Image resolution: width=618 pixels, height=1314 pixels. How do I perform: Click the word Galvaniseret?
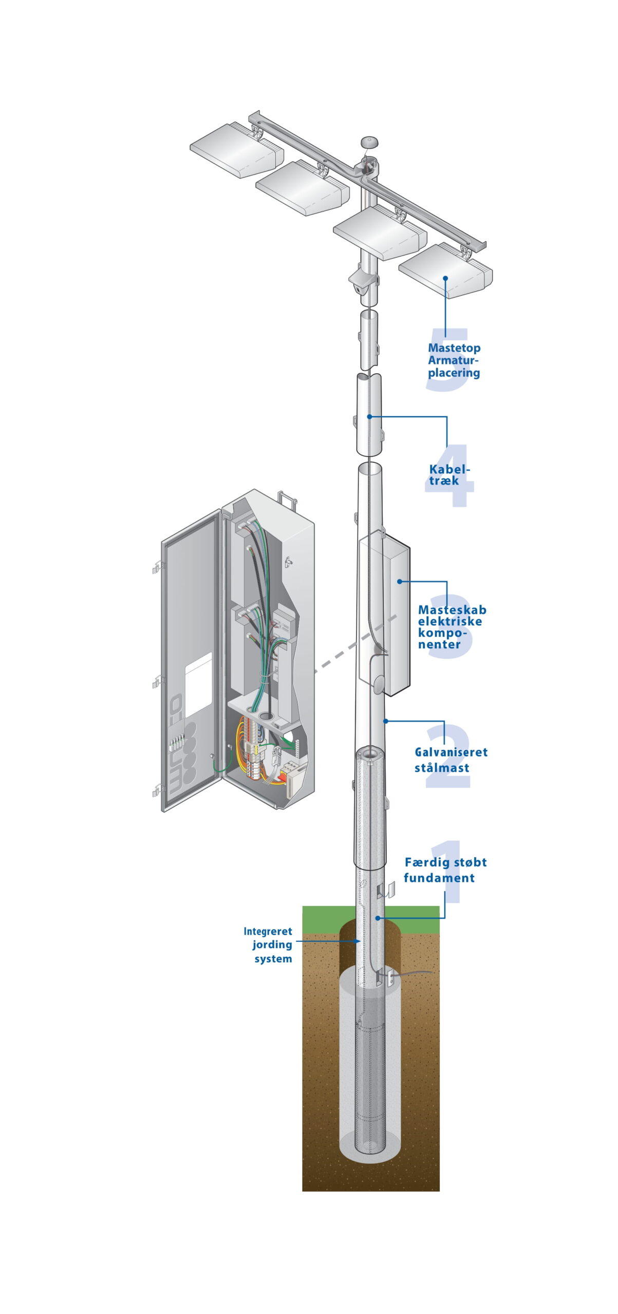click(451, 752)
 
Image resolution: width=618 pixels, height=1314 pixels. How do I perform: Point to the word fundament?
click(439, 878)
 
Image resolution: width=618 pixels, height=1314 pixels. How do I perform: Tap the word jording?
click(272, 945)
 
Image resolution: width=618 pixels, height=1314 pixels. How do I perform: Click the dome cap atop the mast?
click(369, 142)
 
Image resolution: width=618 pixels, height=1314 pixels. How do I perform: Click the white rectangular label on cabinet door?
click(198, 685)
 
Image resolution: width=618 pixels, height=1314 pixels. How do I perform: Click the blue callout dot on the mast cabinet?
click(400, 582)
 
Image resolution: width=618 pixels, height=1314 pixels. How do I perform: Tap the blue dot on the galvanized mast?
click(386, 721)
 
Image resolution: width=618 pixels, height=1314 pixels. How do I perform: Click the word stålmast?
click(442, 768)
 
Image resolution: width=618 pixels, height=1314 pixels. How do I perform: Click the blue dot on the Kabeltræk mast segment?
click(369, 417)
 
